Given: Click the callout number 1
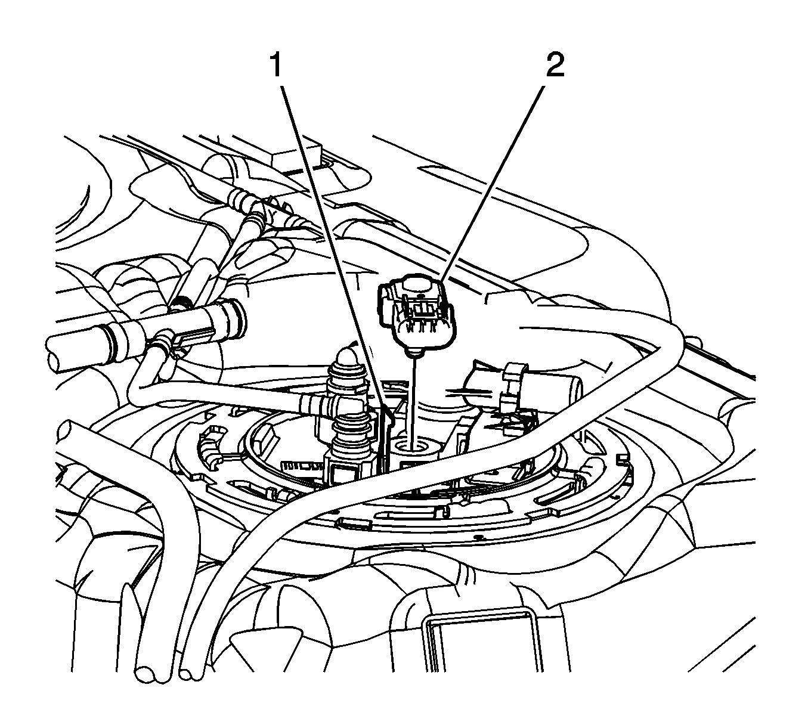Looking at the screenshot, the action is pyautogui.click(x=276, y=66).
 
